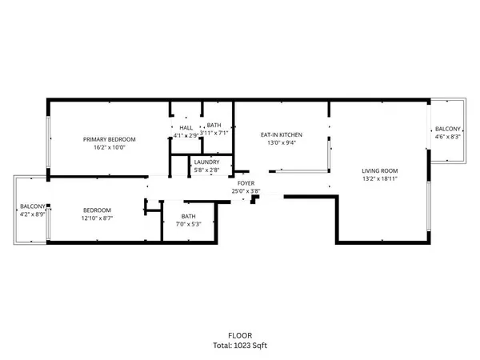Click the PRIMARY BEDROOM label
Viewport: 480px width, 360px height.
[x=110, y=138]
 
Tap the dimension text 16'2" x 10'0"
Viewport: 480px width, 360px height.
[x=110, y=147]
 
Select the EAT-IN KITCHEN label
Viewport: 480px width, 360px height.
[x=281, y=134]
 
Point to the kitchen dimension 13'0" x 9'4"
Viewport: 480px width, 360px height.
[x=281, y=143]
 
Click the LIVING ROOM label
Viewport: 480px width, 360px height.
[x=379, y=170]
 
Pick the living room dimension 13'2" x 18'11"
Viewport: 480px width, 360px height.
[x=379, y=179]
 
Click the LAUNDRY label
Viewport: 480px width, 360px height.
[x=206, y=162]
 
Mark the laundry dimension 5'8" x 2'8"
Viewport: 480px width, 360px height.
[x=206, y=170]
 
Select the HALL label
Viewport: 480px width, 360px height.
[x=186, y=127]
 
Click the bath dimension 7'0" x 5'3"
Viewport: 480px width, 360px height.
[x=188, y=224]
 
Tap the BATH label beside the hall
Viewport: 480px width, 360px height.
[x=214, y=126]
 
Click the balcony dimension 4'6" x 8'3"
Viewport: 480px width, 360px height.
[x=447, y=137]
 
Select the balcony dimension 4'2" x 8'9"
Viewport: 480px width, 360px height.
[x=32, y=214]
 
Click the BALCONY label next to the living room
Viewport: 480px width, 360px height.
[x=447, y=129]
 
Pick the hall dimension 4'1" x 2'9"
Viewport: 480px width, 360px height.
[x=186, y=135]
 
